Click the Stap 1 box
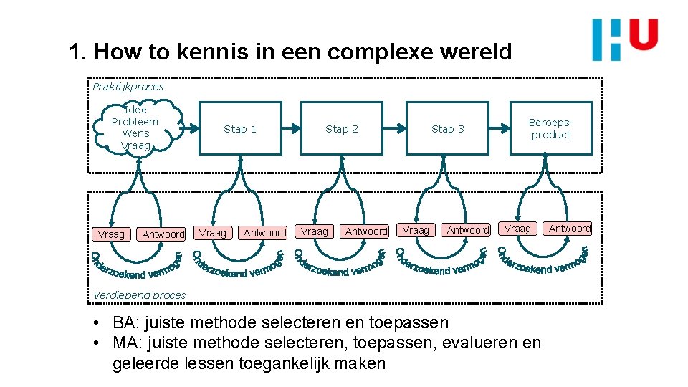tap(239, 129)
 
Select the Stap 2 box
tap(341, 129)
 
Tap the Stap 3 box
tap(447, 129)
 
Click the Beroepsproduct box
tap(550, 129)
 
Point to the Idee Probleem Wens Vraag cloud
tap(135, 128)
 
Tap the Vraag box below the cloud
tap(111, 234)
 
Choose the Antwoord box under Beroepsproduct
tap(570, 229)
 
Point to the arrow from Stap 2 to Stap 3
tap(396, 129)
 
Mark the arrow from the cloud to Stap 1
tap(188, 129)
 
